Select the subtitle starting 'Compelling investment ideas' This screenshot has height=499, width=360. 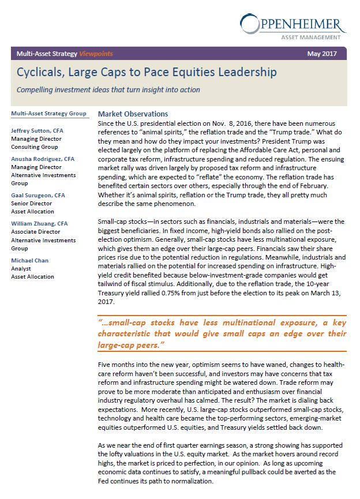coord(108,89)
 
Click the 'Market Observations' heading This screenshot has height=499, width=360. coord(133,114)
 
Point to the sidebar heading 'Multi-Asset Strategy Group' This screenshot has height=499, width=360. coord(49,114)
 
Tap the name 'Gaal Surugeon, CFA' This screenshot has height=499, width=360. coord(39,196)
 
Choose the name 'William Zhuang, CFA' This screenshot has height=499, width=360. coord(40,223)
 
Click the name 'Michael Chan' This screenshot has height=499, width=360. coord(30,261)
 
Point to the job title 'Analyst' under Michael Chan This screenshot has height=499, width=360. coord(21,269)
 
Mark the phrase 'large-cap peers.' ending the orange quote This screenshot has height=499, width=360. coord(131,344)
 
